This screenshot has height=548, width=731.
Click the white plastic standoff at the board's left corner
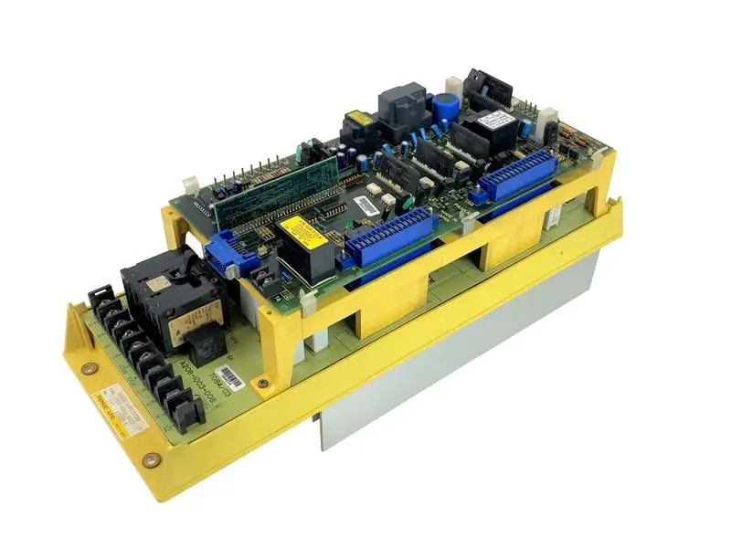(190, 184)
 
